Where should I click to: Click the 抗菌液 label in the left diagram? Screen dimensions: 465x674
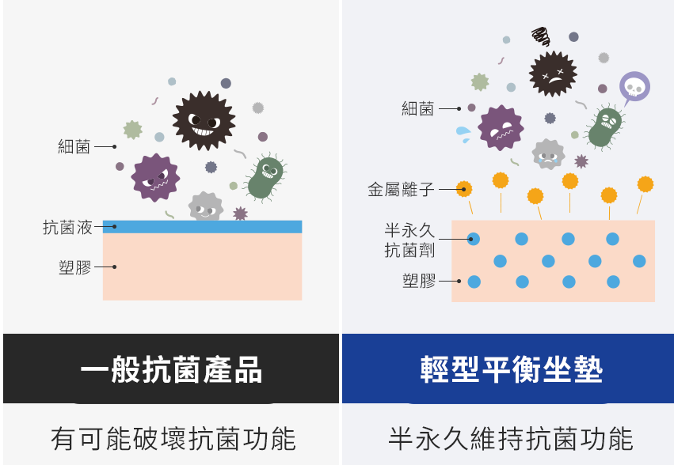(67, 228)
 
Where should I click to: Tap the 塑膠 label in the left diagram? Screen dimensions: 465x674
(75, 267)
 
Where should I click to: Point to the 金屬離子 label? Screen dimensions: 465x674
(402, 189)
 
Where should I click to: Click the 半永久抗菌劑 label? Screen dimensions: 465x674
(409, 240)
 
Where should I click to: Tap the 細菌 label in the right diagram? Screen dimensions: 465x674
(418, 108)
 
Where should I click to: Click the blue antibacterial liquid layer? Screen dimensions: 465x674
(202, 226)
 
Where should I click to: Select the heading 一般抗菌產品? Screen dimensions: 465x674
(171, 369)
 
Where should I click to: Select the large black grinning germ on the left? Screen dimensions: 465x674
(204, 121)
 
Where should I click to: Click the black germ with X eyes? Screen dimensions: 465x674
(552, 74)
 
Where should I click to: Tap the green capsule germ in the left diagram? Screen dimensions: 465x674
(265, 178)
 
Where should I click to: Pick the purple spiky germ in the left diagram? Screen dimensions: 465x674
(154, 177)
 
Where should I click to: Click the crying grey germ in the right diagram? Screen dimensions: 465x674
(547, 154)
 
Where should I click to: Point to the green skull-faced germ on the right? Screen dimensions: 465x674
(606, 127)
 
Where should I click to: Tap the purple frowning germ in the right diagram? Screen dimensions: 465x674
(501, 128)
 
